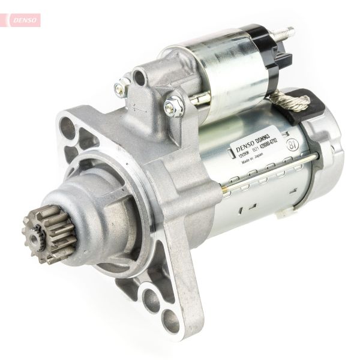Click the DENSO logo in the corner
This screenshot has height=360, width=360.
click(x=23, y=20)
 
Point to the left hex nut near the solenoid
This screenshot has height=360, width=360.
click(x=122, y=89)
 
